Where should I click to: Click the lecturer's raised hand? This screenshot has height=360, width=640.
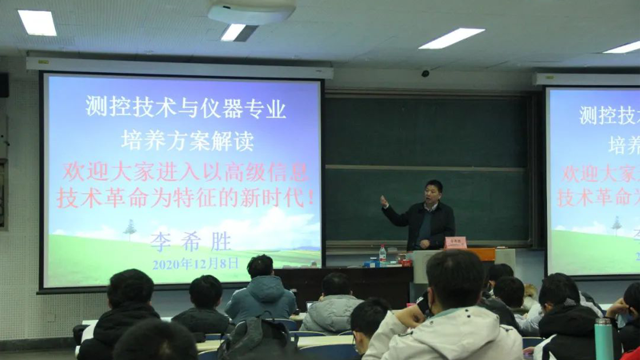384,200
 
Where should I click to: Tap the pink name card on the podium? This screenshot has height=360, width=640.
455,242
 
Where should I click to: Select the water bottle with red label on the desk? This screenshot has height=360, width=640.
382,255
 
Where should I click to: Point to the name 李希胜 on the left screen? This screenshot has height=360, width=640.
191,242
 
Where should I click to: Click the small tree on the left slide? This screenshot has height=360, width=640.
130,229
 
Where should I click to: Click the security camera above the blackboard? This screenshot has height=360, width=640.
425,73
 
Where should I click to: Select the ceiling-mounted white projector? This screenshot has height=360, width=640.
251,11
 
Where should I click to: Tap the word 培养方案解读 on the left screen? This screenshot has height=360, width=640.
187,140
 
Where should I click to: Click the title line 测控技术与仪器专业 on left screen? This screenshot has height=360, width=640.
186,107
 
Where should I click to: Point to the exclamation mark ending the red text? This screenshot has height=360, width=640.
310,198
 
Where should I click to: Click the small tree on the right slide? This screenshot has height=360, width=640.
616,225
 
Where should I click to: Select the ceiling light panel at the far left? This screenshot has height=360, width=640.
37,22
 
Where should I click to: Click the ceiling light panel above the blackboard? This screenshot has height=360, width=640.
451,38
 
